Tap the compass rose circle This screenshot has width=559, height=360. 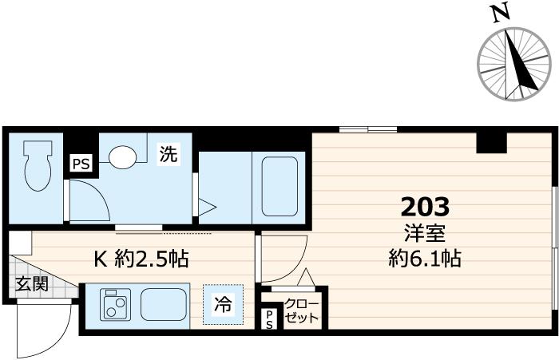tap(516, 64)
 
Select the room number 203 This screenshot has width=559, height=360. tap(424, 208)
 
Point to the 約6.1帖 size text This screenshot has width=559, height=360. tap(424, 259)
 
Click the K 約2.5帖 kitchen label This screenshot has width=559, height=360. tap(141, 259)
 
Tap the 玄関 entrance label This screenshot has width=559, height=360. tap(30, 283)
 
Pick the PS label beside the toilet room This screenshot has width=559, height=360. tap(81, 164)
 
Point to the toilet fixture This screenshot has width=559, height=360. tap(37, 165)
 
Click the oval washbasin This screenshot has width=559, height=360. tap(123, 158)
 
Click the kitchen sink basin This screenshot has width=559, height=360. tap(163, 304)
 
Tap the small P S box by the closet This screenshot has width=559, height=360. tap(269, 320)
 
